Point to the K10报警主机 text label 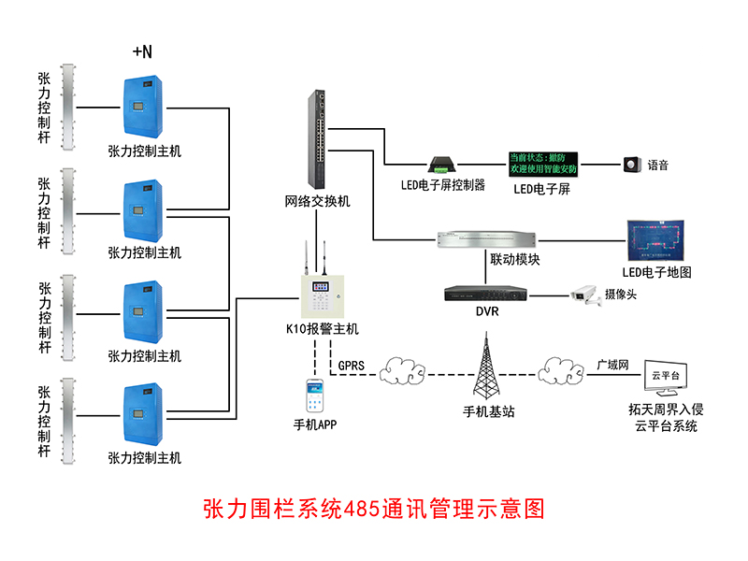[322, 329]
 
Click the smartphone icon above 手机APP [314, 396]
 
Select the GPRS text [352, 365]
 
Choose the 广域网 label [612, 365]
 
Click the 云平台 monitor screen [665, 376]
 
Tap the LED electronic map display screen [656, 241]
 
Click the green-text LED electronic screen [542, 164]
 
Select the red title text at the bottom [373, 510]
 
